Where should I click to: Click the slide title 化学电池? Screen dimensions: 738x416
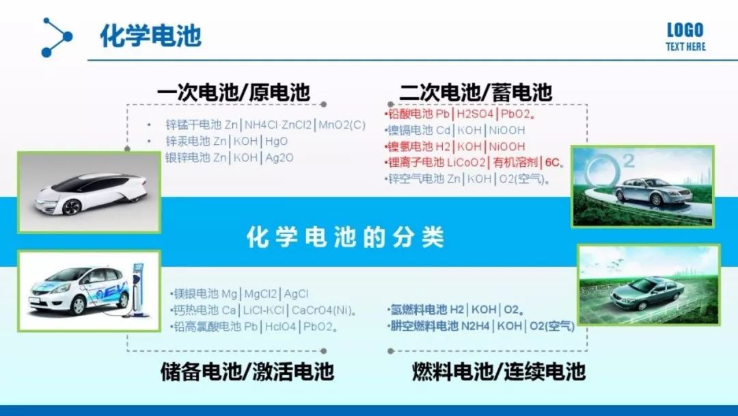pos(150,36)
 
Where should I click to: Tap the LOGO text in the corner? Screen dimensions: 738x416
pos(685,31)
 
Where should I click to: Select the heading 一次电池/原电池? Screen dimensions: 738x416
pos(234,92)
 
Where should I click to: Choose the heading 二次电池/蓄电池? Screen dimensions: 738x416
pos(476,92)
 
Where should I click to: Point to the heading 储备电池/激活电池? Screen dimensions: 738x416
pos(247,372)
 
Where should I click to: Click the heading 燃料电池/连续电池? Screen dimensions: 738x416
pos(499,372)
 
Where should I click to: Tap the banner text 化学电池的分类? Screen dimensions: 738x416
pos(345,237)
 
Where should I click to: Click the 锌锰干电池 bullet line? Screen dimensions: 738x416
pos(265,125)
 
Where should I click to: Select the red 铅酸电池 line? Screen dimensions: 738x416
pos(460,114)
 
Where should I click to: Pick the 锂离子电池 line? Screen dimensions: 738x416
pos(474,163)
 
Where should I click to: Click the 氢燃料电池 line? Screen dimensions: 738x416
pos(456,309)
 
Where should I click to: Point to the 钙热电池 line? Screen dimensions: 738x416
pos(264,311)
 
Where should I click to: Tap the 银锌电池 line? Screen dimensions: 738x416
pos(229,157)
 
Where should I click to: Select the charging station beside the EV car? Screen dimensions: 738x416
pos(138,289)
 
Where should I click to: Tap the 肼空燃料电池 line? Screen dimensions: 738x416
pos(481,326)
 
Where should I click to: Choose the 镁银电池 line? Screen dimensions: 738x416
pos(240,294)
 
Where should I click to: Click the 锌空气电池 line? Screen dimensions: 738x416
pos(467,179)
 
